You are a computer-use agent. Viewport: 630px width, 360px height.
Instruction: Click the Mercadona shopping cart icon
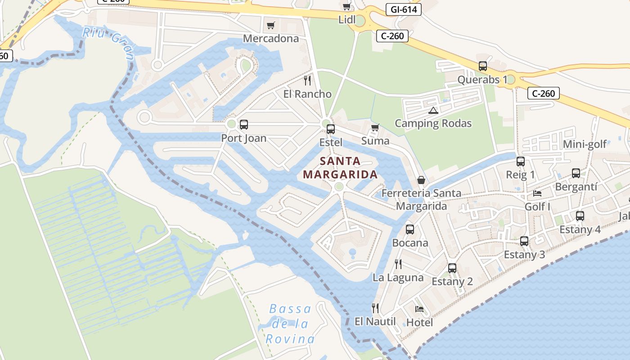[x=270, y=26]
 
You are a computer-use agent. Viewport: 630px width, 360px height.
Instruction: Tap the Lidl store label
[x=347, y=20]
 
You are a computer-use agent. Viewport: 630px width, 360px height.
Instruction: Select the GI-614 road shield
[x=403, y=9]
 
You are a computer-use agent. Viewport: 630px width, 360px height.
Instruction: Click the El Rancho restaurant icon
[x=307, y=81]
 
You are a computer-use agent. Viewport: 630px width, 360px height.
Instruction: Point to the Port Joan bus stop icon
[x=244, y=125]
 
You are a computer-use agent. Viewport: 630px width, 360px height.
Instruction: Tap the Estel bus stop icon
[x=331, y=129]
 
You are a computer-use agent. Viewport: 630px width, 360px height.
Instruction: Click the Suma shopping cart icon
[x=375, y=128]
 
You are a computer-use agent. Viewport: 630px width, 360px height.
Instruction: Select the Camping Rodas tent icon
[x=433, y=110]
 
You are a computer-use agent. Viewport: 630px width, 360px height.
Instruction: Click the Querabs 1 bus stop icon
[x=483, y=66]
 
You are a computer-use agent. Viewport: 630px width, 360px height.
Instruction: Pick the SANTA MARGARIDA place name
[x=340, y=167]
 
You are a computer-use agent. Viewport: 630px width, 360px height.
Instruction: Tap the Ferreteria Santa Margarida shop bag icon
[x=421, y=180]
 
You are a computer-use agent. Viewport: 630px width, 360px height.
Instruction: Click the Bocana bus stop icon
[x=410, y=229]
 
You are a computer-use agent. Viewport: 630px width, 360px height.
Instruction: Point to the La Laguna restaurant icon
[x=398, y=264]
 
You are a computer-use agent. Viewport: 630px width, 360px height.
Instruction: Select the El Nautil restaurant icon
[x=375, y=308]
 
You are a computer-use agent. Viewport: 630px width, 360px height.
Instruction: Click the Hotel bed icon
[x=419, y=309]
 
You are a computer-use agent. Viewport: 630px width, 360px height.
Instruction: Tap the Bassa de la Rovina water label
[x=290, y=324]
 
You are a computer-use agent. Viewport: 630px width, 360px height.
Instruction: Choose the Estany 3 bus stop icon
[x=524, y=241]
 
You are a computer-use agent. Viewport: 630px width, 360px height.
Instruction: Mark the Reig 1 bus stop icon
[x=521, y=162]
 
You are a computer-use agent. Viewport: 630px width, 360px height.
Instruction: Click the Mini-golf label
[x=585, y=144]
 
